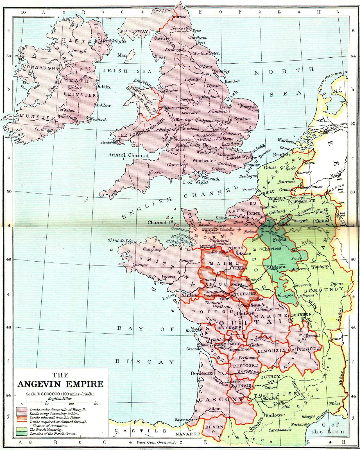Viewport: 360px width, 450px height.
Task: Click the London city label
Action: coord(230,144)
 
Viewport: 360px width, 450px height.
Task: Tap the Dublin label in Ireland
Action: coord(103,87)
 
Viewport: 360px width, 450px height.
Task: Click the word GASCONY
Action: coord(221,399)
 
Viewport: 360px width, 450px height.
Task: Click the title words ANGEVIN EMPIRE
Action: coord(60,384)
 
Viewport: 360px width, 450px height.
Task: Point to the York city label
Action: coord(207,67)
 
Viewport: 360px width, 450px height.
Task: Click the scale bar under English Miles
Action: coord(60,403)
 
